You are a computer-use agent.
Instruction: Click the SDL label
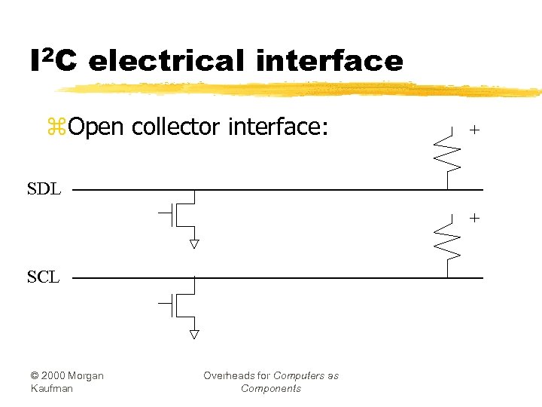(x=44, y=188)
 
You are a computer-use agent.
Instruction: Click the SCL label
(x=43, y=277)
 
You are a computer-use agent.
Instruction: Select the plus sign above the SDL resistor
(x=474, y=130)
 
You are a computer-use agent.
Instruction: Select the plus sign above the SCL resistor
(x=474, y=218)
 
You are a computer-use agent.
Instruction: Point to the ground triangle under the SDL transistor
(x=194, y=244)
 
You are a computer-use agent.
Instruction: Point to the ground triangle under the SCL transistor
(x=194, y=333)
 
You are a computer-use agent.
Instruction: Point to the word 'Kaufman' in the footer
(x=52, y=388)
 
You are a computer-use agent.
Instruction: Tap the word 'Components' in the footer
(x=271, y=388)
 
